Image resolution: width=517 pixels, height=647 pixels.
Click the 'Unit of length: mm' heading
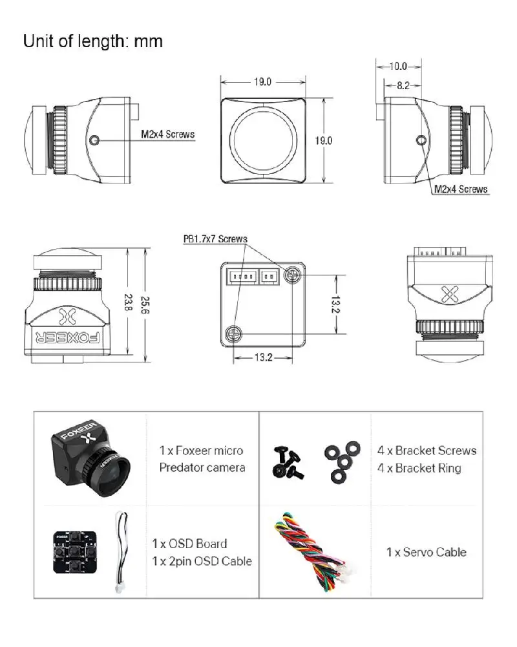tap(93, 42)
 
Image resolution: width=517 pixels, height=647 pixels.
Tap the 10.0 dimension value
tap(399, 66)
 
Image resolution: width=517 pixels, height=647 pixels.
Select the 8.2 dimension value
tap(402, 85)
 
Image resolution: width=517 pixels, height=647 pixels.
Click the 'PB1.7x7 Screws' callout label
tap(215, 239)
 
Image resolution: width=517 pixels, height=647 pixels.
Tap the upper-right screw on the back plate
tap(293, 274)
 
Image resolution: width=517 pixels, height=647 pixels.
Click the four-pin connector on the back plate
tap(242, 277)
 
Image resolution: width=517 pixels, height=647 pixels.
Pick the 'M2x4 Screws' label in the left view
tap(167, 135)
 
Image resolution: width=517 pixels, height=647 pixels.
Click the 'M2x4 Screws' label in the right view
tap(461, 189)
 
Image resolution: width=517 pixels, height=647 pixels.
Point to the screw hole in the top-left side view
tap(96, 139)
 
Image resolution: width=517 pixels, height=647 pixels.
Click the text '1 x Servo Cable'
tap(426, 552)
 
